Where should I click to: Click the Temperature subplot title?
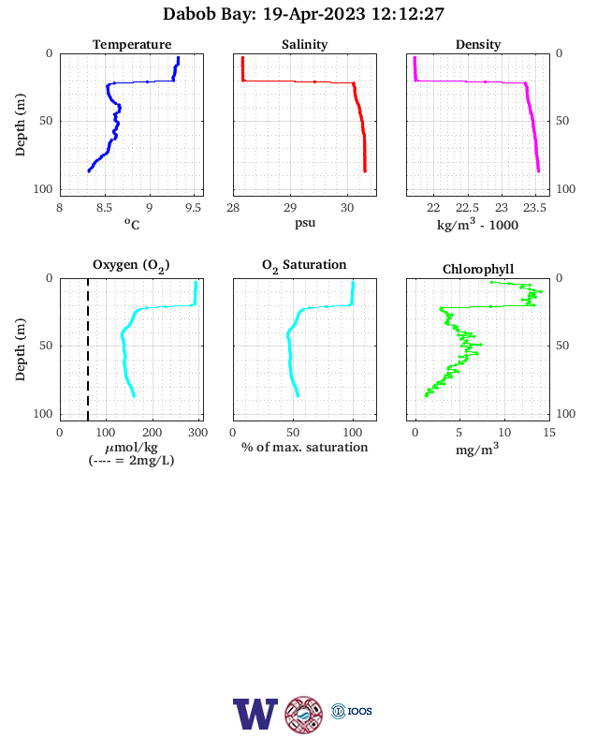tap(132, 44)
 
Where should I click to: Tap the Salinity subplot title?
tap(305, 44)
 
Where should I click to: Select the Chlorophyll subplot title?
tap(478, 269)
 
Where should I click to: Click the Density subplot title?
tap(478, 44)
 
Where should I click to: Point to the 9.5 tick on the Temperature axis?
tap(193, 208)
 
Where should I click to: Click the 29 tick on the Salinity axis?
tap(290, 208)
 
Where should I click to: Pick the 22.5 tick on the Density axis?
tap(467, 208)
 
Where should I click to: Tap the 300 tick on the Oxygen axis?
tap(197, 433)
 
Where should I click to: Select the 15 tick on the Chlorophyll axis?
tap(549, 433)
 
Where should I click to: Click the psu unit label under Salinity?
tap(305, 223)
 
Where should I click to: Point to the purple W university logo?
tap(255, 714)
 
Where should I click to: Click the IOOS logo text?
tap(359, 711)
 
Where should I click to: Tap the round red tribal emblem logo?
tap(304, 715)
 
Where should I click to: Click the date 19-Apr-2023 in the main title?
tap(313, 14)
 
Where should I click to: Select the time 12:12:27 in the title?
tap(408, 14)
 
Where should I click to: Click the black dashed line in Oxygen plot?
tap(88, 349)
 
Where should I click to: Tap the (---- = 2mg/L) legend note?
tap(131, 460)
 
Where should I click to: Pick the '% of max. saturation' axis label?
tap(305, 447)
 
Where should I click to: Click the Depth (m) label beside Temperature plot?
tap(20, 125)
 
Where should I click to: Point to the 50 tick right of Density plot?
tap(562, 121)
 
